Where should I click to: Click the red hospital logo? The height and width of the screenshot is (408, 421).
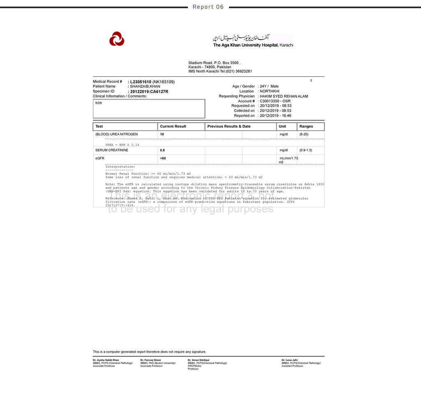click(x=117, y=39)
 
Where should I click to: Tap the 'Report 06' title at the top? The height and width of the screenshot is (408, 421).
click(x=208, y=7)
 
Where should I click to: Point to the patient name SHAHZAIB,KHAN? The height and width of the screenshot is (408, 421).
click(x=145, y=87)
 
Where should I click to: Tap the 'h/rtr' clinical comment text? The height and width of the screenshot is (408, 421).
click(x=99, y=103)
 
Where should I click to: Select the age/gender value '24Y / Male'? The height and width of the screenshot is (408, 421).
click(x=269, y=87)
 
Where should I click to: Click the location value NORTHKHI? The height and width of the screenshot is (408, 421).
click(x=269, y=91)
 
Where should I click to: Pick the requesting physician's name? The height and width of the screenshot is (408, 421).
click(x=284, y=96)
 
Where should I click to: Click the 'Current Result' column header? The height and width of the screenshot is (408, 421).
click(x=173, y=126)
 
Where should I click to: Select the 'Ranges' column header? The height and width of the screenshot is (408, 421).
click(x=306, y=126)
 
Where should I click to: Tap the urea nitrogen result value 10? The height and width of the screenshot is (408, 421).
click(x=162, y=134)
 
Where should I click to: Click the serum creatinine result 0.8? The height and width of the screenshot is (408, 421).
click(x=162, y=150)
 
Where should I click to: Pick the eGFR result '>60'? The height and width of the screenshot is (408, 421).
click(x=163, y=158)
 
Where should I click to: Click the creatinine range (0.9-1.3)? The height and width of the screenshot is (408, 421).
click(x=305, y=150)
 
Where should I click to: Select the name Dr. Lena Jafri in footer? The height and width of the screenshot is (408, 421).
click(x=289, y=360)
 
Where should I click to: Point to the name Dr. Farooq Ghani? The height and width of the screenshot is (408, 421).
click(x=150, y=360)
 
